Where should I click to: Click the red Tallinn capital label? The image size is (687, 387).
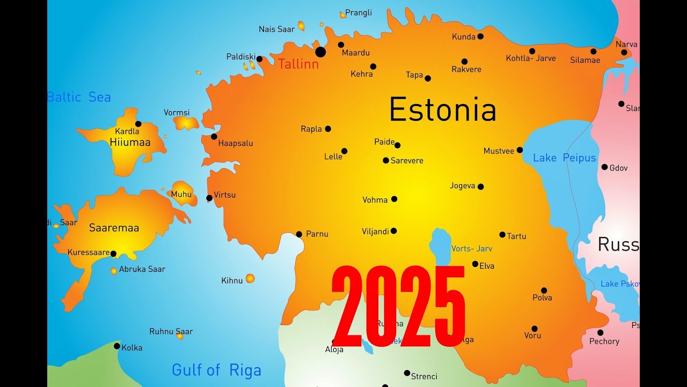[x=298, y=64]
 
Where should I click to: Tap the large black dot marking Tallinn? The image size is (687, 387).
[x=320, y=52]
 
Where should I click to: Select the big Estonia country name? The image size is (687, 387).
[x=442, y=110]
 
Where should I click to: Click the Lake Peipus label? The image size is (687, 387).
[x=564, y=158]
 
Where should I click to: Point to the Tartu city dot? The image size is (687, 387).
[x=502, y=234]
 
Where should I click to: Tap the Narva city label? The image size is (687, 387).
[x=626, y=44]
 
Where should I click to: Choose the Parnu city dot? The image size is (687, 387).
[x=299, y=234]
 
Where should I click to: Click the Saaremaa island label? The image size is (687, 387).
[x=114, y=228]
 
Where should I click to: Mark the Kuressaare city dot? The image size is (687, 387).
[x=113, y=254]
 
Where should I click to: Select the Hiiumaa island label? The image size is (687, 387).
[x=130, y=142]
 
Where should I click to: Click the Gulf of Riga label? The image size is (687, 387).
[x=216, y=370]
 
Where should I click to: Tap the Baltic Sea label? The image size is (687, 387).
[x=79, y=97]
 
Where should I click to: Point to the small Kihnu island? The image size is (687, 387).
[x=250, y=278]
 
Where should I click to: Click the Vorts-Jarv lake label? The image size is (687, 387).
[x=472, y=249]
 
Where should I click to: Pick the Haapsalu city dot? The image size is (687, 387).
[x=214, y=137]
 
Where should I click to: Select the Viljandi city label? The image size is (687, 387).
[x=375, y=232]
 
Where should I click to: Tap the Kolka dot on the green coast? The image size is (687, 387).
[x=117, y=346]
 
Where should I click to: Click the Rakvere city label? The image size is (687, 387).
[x=466, y=69]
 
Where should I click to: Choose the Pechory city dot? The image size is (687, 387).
[x=600, y=332]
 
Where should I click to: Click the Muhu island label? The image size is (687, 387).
[x=181, y=195]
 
